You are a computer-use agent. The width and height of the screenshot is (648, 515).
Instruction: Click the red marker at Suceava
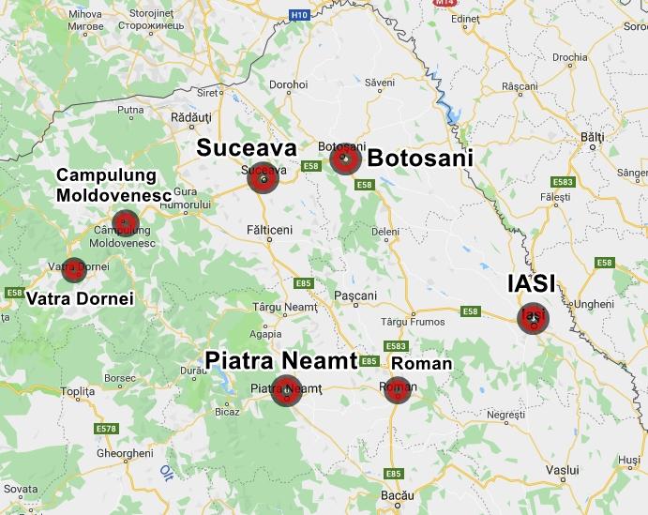(x=264, y=177)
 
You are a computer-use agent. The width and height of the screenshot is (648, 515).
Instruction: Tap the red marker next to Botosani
(x=345, y=159)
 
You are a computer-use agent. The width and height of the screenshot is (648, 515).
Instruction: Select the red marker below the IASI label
(x=534, y=318)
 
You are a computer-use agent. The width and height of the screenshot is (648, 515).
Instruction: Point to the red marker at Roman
(x=398, y=390)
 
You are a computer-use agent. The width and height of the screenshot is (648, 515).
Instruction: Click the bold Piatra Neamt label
(x=280, y=360)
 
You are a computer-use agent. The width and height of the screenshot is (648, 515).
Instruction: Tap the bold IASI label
(x=531, y=283)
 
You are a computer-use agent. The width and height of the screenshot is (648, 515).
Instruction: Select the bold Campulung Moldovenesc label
(x=113, y=186)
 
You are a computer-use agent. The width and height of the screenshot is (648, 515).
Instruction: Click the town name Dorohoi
(x=288, y=84)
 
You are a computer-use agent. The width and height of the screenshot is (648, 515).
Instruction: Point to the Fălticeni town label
(x=269, y=230)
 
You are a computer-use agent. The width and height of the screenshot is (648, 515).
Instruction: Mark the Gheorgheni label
(x=124, y=453)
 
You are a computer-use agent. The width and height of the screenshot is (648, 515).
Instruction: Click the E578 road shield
(x=106, y=429)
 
